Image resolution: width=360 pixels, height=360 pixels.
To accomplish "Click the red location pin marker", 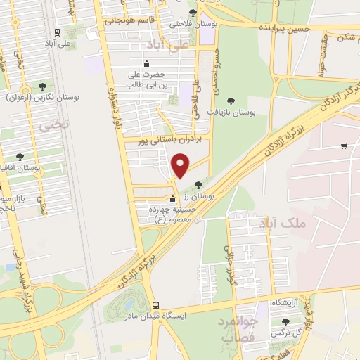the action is [x=181, y=165].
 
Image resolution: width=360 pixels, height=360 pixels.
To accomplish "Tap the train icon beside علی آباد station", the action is [x=57, y=32].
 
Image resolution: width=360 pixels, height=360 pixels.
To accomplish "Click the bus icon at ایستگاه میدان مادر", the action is [x=155, y=306].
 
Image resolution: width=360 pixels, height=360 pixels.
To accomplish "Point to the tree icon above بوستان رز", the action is [x=198, y=184].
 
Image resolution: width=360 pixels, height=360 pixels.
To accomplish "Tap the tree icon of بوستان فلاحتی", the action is [x=193, y=13].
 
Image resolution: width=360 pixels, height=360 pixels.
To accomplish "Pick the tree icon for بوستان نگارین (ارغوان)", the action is [x=42, y=86].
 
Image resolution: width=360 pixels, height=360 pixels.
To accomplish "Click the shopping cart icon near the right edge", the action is [x=344, y=146].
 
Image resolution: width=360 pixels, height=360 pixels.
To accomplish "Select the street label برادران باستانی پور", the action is [x=169, y=140].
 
